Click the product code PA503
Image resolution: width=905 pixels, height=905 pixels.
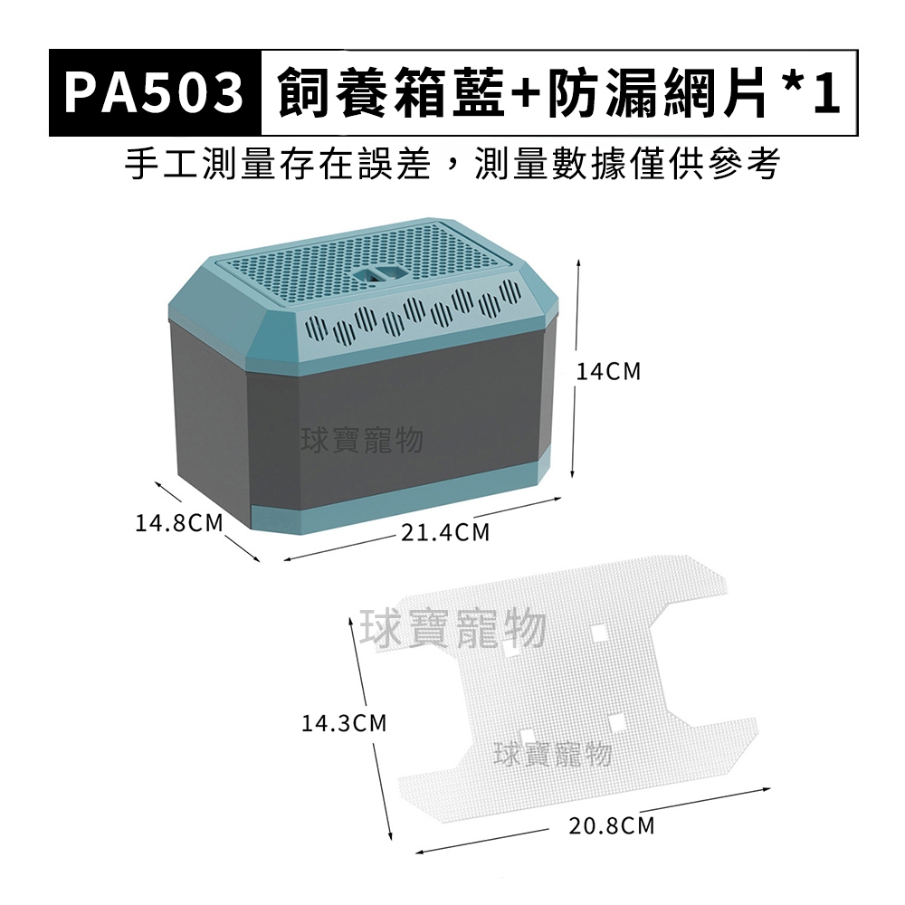[x=154, y=93]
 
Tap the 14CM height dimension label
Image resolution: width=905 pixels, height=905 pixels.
[x=609, y=372]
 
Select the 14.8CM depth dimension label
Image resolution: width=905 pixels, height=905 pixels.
[x=179, y=523]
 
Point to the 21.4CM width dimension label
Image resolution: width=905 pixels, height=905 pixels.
[x=445, y=532]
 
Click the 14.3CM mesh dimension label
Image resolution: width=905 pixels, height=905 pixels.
[x=344, y=722]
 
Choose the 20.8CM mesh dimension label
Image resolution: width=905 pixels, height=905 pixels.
[x=612, y=826]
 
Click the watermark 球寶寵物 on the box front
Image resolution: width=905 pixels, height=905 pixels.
[x=363, y=440]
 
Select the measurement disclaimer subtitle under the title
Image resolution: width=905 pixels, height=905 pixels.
[x=452, y=163]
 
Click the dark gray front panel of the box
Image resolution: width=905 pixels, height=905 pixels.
[x=393, y=427]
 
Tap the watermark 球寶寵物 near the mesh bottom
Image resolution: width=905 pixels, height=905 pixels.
[x=553, y=755]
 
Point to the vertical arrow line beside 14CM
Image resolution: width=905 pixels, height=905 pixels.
[x=576, y=369]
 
